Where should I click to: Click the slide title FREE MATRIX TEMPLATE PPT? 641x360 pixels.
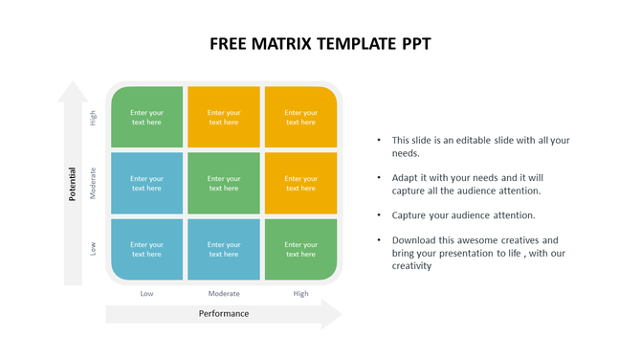[320, 44]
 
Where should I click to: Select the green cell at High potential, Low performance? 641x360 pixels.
[146, 117]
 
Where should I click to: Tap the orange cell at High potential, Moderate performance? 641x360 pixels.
[224, 117]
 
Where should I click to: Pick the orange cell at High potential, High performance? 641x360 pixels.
[300, 117]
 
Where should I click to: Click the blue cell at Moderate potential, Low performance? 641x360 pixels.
[146, 183]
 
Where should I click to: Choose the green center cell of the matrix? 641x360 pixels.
[224, 183]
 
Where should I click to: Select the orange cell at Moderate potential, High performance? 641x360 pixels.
[300, 183]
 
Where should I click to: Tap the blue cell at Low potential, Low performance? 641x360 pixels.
[146, 249]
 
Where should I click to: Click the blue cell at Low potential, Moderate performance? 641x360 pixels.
[224, 249]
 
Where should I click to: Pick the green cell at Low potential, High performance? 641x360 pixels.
[300, 249]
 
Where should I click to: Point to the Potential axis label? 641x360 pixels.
[72, 184]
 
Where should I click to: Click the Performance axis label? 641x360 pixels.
[224, 313]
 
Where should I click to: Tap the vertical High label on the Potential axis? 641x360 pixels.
[94, 118]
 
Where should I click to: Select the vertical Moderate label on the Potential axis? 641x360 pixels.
[94, 183]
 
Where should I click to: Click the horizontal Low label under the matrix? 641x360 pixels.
[146, 293]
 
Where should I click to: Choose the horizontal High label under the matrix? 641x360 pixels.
[300, 293]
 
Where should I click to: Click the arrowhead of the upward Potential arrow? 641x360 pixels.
[72, 92]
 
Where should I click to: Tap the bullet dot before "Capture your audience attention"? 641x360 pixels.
[379, 215]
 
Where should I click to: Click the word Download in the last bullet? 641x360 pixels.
[413, 240]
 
